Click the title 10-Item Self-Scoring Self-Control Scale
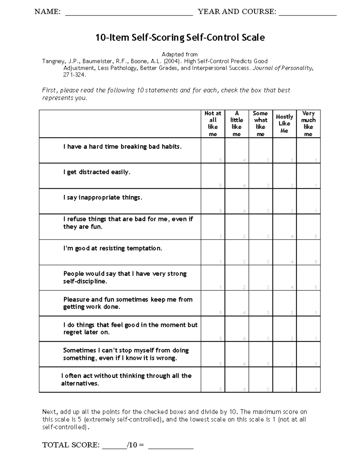coord(180,38)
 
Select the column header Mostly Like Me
coord(284,124)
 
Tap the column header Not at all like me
coord(213,124)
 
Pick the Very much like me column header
coord(308,124)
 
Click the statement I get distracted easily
coord(97,172)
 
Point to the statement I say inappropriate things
coord(103,197)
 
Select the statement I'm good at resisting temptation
coord(112,248)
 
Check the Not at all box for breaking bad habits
coord(213,150)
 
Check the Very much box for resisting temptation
coord(308,252)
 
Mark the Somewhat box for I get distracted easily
coord(261,176)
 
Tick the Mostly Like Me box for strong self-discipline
coord(284,278)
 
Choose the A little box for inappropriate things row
coord(237,201)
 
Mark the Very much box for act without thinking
coord(308,380)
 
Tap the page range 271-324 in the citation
coord(74,75)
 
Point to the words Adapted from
coord(179,54)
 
